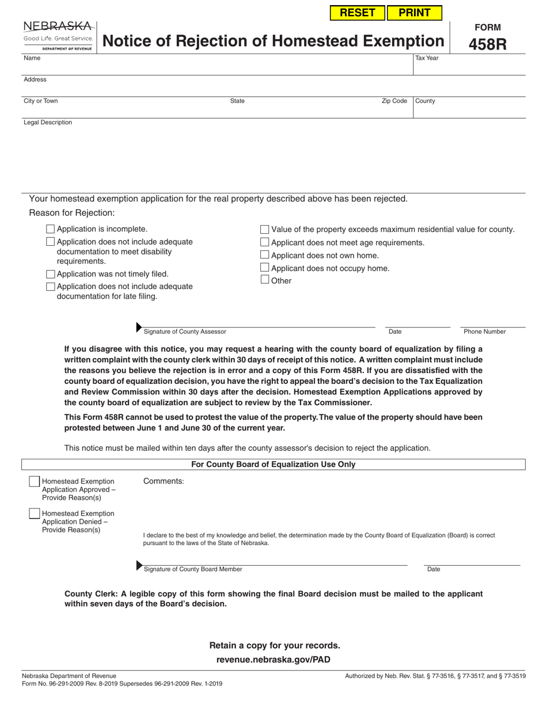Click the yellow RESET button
point(357,13)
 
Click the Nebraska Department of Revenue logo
point(58,36)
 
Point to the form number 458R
point(488,44)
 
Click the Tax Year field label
point(427,58)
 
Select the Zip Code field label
point(394,101)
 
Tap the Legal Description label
point(48,123)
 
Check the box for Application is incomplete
point(50,229)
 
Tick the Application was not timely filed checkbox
point(50,275)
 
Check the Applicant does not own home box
point(265,255)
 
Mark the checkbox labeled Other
point(265,280)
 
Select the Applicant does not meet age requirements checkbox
point(265,242)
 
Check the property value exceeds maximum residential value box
point(265,229)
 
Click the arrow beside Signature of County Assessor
point(139,328)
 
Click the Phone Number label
point(484,332)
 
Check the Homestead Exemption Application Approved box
point(35,482)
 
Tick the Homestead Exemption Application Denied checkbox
point(35,513)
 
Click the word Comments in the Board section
point(164,481)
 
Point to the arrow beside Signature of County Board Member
point(139,565)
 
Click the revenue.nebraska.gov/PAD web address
point(273,660)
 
